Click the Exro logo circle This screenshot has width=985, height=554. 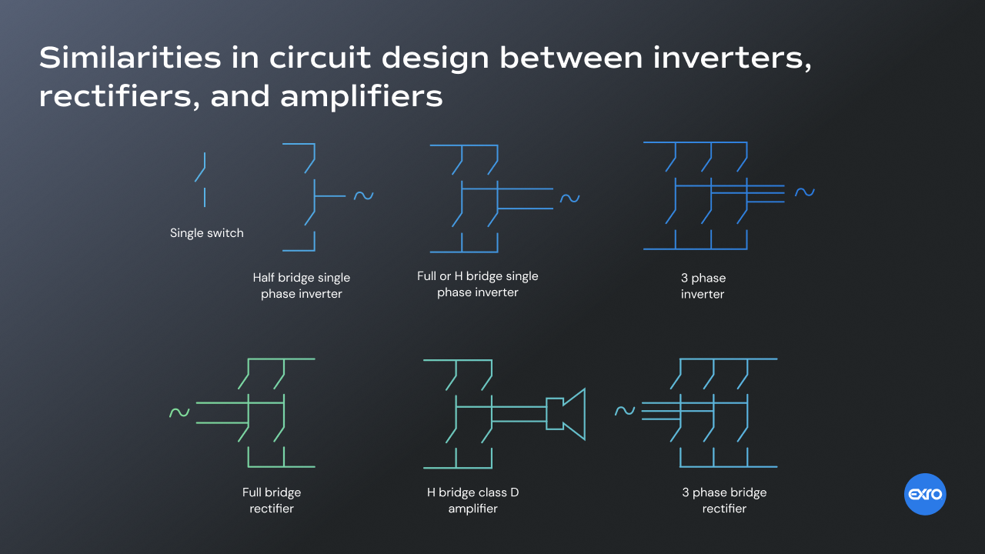[x=925, y=494]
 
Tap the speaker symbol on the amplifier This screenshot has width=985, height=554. [x=566, y=414]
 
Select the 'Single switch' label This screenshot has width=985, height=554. [x=206, y=233]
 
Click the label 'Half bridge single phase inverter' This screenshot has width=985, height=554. [x=301, y=285]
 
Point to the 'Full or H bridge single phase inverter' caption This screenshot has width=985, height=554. [x=477, y=284]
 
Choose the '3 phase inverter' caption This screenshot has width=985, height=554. [x=703, y=285]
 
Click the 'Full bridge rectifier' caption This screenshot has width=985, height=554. [x=272, y=500]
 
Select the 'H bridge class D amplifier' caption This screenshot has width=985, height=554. [x=472, y=500]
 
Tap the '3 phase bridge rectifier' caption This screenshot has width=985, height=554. [x=724, y=500]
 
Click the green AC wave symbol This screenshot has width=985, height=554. [x=179, y=413]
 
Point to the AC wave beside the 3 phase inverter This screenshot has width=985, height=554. [x=804, y=192]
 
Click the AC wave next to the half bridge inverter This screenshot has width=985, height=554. [x=363, y=196]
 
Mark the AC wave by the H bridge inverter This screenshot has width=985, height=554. [x=569, y=199]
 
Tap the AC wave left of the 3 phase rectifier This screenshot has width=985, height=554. [x=625, y=411]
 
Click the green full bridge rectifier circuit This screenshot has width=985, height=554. [x=266, y=412]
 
